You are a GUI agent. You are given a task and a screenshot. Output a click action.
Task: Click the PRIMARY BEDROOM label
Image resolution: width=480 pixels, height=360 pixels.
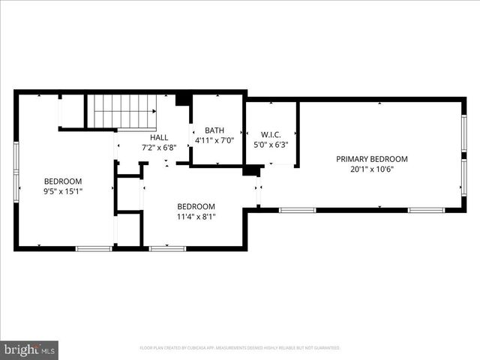[371, 159]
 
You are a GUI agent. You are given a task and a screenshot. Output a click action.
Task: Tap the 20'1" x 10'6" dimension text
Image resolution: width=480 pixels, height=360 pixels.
[371, 169]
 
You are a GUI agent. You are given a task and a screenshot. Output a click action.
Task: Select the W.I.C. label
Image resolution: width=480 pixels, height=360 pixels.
[271, 134]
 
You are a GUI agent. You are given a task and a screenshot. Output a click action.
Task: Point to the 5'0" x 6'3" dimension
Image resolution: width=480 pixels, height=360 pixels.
[271, 145]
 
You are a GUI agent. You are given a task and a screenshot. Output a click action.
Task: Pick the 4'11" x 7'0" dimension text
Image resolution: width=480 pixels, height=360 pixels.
[214, 140]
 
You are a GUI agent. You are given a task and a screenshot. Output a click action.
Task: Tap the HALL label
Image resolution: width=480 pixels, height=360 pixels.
[159, 138]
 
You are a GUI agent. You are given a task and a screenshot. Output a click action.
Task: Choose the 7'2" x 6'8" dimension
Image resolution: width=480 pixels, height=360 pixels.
[159, 148]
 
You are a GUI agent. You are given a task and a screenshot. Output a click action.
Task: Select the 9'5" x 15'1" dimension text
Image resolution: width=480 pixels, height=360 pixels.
[63, 191]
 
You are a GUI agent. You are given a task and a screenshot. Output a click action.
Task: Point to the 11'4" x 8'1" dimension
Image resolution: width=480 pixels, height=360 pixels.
[196, 217]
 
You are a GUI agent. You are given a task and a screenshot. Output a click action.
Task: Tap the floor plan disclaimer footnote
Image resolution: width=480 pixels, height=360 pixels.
[240, 348]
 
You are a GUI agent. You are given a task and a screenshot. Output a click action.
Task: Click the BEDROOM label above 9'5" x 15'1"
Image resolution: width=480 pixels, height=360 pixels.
[63, 181]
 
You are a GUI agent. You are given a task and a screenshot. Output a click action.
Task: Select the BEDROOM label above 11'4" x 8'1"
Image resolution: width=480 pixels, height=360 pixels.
[196, 207]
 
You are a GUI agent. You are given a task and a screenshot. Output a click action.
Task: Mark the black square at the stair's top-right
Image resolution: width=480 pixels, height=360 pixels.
[181, 100]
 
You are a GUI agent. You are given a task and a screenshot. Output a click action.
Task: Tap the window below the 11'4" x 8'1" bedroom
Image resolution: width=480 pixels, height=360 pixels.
[167, 248]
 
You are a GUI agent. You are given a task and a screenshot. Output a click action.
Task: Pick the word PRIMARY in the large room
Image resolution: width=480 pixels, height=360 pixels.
[352, 159]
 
